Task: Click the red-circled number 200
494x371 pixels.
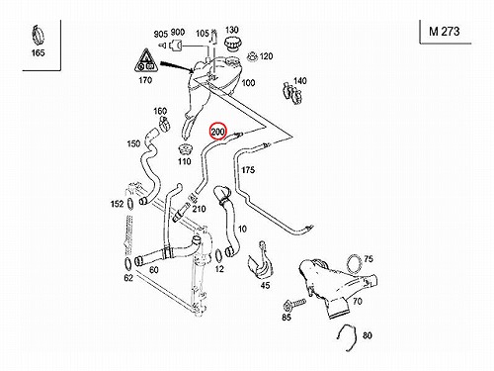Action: point(217,132)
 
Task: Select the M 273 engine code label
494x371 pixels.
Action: point(444,32)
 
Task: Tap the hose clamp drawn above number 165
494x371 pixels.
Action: point(38,36)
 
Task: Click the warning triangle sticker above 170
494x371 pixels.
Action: point(146,60)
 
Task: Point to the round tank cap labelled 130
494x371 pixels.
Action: point(231,43)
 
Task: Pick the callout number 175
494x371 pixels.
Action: point(248,170)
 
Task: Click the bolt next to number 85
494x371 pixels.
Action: point(294,304)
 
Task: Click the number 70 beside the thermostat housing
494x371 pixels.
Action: point(358,301)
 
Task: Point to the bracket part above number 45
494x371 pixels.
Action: point(260,260)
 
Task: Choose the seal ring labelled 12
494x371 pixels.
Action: point(218,255)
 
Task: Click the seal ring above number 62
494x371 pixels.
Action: point(127,264)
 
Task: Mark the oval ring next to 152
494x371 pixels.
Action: point(130,205)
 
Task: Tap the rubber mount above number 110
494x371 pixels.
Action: point(185,150)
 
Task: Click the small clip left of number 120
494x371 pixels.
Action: point(252,56)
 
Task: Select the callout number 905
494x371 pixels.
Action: point(161,34)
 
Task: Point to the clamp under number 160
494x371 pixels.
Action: point(165,124)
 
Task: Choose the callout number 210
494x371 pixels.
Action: point(200,209)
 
